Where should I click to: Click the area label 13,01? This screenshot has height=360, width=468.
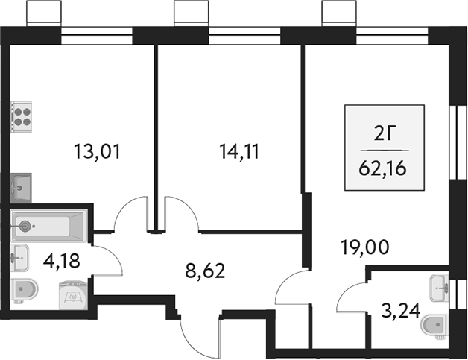pos(97,154)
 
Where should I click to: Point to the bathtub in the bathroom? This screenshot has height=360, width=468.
pos(49,224)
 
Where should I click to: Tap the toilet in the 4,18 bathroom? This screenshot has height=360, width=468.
pos(25,290)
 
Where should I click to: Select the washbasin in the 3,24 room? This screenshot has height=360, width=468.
pos(439,285)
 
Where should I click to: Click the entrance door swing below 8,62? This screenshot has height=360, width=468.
pos(199,334)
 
